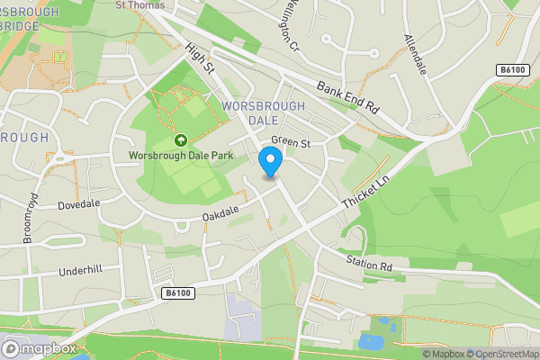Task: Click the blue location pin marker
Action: (x=270, y=162)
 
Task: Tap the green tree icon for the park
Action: (x=180, y=140)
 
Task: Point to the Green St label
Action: (x=291, y=142)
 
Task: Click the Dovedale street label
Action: (x=79, y=204)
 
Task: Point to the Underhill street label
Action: (x=82, y=271)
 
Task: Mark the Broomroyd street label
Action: (x=27, y=219)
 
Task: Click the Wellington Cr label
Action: (x=289, y=26)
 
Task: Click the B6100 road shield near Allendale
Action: (x=511, y=69)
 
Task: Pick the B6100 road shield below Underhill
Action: (x=178, y=293)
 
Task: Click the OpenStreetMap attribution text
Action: (x=500, y=354)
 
